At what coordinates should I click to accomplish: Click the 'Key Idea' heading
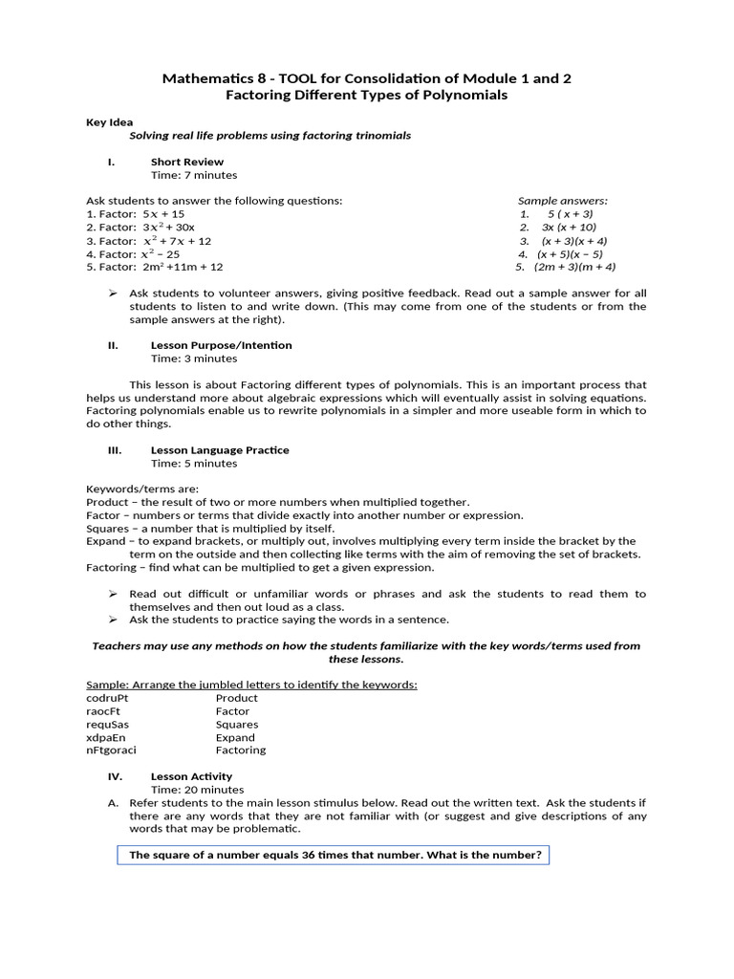tap(110, 122)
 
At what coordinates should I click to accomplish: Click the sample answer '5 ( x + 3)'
tap(570, 214)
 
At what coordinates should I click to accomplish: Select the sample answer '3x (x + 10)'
tap(569, 228)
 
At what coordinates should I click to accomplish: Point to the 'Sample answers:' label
tap(562, 201)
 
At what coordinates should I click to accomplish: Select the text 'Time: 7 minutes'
tap(194, 176)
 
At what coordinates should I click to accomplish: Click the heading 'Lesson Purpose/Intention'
tap(221, 345)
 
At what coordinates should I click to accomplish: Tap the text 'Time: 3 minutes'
tap(194, 359)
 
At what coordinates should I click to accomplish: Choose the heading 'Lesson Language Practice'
tap(220, 450)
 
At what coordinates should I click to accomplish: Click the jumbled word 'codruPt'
tap(106, 698)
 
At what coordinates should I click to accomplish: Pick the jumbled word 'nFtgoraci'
tap(111, 751)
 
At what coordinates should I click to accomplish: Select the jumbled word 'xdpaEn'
tap(104, 737)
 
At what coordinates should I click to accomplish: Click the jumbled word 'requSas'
tap(106, 725)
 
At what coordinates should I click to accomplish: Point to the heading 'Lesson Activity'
tap(191, 777)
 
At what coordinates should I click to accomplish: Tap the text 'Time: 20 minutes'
tap(197, 791)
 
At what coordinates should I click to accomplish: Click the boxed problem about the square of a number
tap(334, 856)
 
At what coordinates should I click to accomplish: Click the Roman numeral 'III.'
tap(112, 450)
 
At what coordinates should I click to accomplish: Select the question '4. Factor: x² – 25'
tap(133, 254)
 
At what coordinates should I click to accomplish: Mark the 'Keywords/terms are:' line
tap(142, 489)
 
